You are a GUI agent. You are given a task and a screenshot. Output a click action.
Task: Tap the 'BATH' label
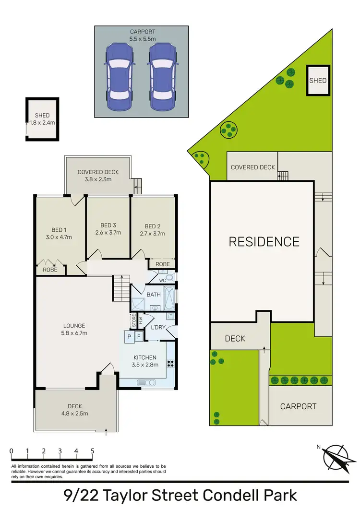154,295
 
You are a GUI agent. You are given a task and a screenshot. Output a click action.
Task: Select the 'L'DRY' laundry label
158,327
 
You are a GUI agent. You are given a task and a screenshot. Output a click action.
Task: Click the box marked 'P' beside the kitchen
130,337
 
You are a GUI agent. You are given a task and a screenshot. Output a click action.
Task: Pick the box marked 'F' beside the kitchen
139,337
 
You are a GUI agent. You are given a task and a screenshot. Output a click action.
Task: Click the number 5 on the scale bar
92,451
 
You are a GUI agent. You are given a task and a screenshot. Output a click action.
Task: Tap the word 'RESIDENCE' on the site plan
264,241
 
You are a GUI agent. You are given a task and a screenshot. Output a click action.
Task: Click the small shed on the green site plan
317,80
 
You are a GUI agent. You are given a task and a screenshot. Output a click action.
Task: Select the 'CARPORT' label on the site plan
299,406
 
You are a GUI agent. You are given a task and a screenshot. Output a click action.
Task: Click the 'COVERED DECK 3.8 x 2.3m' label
98,176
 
